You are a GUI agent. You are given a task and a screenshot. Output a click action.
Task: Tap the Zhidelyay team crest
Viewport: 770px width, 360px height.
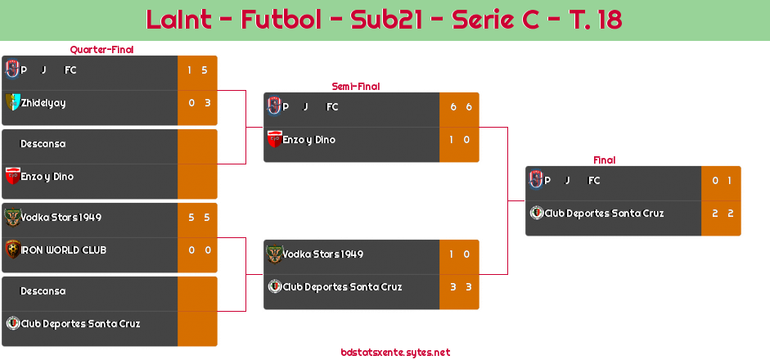pyautogui.click(x=11, y=102)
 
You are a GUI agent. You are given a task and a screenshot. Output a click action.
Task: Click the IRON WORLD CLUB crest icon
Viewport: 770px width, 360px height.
pyautogui.click(x=11, y=250)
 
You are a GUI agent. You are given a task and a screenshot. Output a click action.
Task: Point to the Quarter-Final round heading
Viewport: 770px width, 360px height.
pyautogui.click(x=101, y=50)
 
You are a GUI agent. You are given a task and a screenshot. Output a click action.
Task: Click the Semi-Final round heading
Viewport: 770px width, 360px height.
pyautogui.click(x=354, y=86)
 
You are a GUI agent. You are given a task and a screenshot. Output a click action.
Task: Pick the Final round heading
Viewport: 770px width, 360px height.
pyautogui.click(x=603, y=160)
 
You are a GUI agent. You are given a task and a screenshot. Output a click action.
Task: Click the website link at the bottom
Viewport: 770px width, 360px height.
pyautogui.click(x=395, y=353)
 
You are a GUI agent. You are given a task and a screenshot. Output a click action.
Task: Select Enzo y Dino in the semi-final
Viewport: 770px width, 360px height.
pyautogui.click(x=309, y=140)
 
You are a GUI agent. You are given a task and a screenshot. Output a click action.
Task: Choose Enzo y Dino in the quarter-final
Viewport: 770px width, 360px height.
pyautogui.click(x=47, y=177)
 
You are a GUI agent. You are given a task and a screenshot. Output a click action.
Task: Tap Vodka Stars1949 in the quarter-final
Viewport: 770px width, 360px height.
pyautogui.click(x=61, y=218)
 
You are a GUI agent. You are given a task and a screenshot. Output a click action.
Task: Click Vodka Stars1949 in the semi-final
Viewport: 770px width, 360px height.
pyautogui.click(x=323, y=254)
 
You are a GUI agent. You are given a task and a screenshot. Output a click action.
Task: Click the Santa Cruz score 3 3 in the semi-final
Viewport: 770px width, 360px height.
pyautogui.click(x=459, y=287)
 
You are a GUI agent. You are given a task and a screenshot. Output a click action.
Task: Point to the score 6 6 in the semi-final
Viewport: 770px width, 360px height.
pyautogui.click(x=459, y=107)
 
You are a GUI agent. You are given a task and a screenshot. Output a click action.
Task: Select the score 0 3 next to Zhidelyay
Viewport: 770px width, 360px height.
pyautogui.click(x=198, y=103)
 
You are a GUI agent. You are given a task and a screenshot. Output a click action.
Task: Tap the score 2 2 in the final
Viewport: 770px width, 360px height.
pyautogui.click(x=721, y=214)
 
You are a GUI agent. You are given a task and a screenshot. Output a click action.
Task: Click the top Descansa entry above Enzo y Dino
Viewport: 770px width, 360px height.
pyautogui.click(x=43, y=144)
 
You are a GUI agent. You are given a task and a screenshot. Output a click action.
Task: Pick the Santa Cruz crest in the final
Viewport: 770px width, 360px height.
pyautogui.click(x=536, y=214)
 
